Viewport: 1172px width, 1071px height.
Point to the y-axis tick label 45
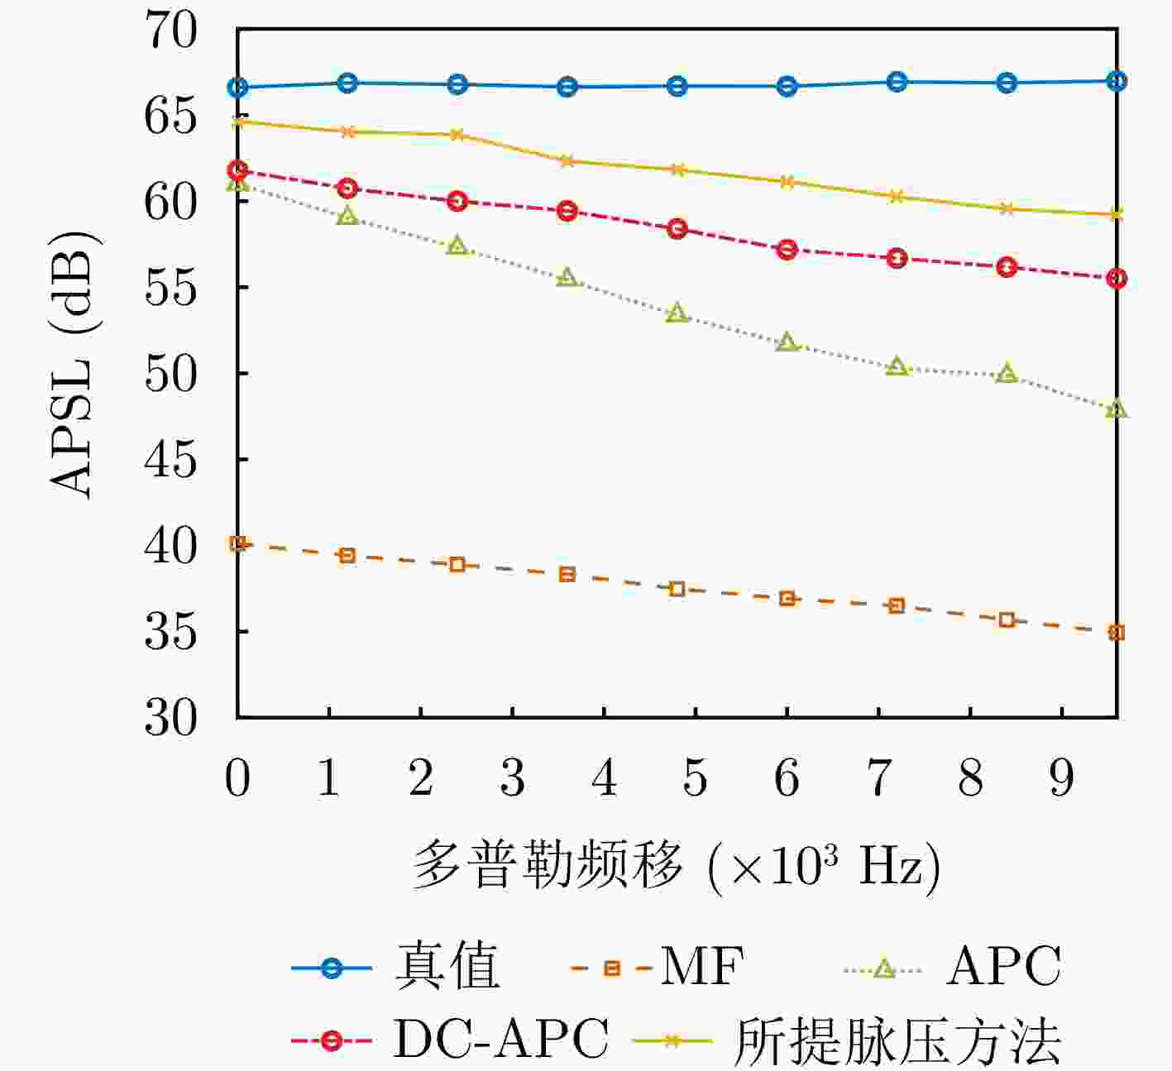[x=171, y=459]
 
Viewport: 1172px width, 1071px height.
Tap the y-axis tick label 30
[x=171, y=717]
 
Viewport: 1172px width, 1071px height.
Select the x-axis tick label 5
[x=695, y=778]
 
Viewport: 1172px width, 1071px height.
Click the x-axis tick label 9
[x=1061, y=778]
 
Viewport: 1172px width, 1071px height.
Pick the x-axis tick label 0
[x=237, y=778]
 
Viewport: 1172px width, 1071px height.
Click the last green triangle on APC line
[x=1117, y=409]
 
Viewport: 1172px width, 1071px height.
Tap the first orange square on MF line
[x=237, y=543]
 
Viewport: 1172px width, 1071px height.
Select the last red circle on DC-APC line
[x=1117, y=279]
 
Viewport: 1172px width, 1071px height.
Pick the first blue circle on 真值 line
[x=237, y=87]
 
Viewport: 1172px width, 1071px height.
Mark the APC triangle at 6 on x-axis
[x=787, y=343]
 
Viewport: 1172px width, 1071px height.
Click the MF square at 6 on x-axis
[x=787, y=598]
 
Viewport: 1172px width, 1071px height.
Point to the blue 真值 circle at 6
[x=787, y=86]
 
